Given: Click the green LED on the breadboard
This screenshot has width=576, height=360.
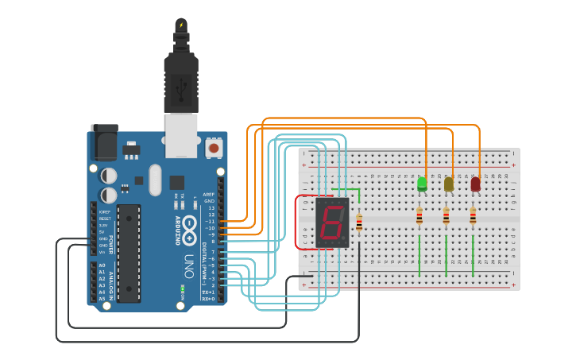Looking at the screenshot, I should click(422, 184).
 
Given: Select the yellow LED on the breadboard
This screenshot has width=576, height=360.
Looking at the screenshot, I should click(449, 184).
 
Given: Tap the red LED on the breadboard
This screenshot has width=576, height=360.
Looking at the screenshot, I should click(475, 184).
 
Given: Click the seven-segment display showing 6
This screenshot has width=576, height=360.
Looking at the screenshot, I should click(331, 222).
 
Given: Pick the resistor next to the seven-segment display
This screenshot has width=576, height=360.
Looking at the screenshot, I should click(359, 224).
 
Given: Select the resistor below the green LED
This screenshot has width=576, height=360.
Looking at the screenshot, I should click(419, 216).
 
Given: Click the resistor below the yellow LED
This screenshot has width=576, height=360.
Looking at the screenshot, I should click(446, 216).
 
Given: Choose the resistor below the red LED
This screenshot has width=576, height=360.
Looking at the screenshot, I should click(473, 216).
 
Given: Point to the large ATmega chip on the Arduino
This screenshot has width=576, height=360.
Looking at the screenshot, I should click(129, 253).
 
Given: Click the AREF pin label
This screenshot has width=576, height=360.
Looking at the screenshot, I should click(209, 194).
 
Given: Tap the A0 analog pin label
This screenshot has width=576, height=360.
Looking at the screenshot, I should click(102, 265).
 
